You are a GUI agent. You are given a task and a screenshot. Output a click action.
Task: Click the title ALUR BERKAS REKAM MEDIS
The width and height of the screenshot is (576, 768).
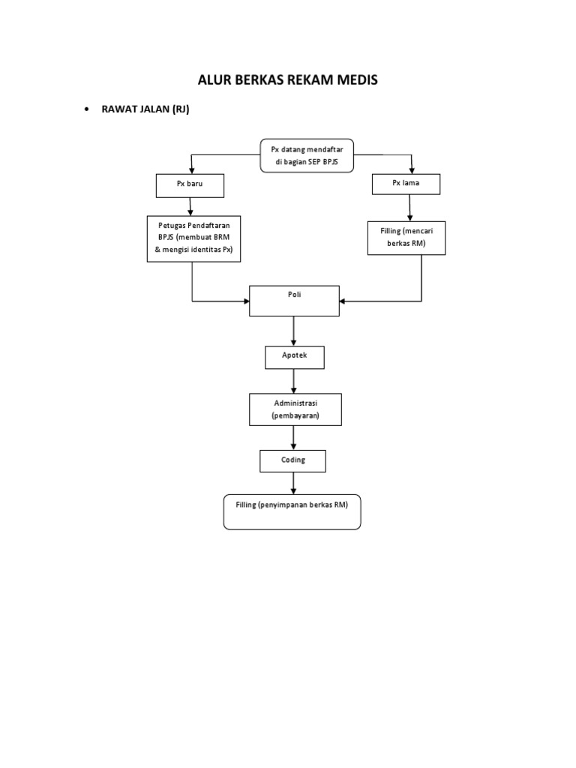tap(287, 80)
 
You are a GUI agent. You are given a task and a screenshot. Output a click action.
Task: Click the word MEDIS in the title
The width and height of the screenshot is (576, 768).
tap(355, 80)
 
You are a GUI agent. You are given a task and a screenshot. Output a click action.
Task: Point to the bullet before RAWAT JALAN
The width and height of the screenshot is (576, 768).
tap(87, 109)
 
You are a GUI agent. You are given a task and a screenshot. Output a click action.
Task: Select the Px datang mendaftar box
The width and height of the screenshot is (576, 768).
tap(307, 156)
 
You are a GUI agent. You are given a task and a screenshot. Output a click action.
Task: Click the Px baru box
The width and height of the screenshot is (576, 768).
tap(190, 184)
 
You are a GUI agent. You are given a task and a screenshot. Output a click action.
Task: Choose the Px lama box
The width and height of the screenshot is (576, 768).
tap(406, 183)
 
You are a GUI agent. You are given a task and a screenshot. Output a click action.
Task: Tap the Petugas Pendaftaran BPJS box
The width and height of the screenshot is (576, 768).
tap(193, 238)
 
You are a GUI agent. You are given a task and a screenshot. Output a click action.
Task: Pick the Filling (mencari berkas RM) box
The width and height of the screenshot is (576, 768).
tap(406, 238)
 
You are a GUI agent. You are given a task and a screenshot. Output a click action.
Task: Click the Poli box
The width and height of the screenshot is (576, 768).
tap(294, 301)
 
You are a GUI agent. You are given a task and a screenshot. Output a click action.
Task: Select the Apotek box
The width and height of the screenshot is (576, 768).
tap(295, 357)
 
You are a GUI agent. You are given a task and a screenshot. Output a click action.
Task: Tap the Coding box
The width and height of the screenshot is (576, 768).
tap(293, 460)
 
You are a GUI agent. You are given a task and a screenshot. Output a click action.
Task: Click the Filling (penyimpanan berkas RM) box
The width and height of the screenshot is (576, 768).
tap(292, 511)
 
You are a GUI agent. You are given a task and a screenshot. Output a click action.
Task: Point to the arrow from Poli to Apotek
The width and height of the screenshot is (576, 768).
tap(294, 331)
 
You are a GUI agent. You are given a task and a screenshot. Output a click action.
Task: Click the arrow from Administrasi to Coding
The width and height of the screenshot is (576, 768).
tap(294, 437)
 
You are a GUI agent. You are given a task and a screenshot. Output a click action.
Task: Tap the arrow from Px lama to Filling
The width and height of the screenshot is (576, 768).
tap(409, 208)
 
